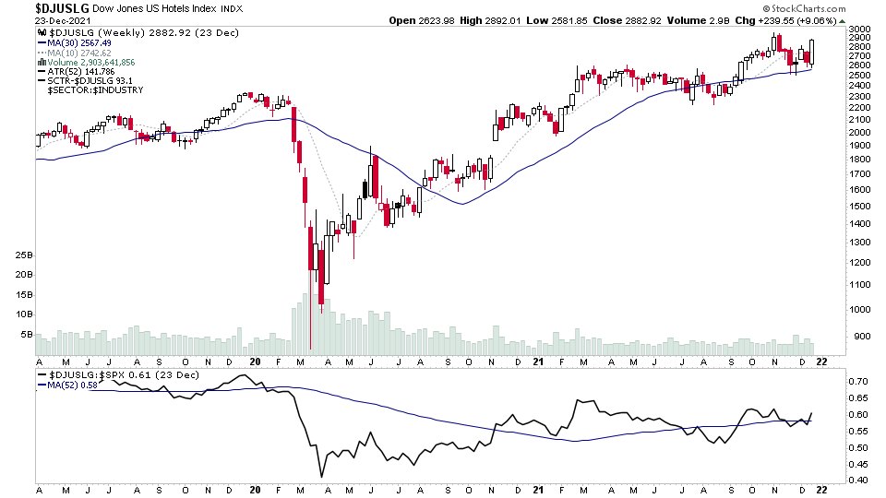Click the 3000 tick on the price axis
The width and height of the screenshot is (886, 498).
tap(860, 30)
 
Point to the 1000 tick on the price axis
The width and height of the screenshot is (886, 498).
tap(860, 309)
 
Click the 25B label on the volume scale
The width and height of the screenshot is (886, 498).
tap(24, 255)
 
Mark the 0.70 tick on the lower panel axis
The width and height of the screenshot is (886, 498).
tap(859, 381)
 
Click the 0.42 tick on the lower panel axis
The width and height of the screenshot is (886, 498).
tap(859, 480)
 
